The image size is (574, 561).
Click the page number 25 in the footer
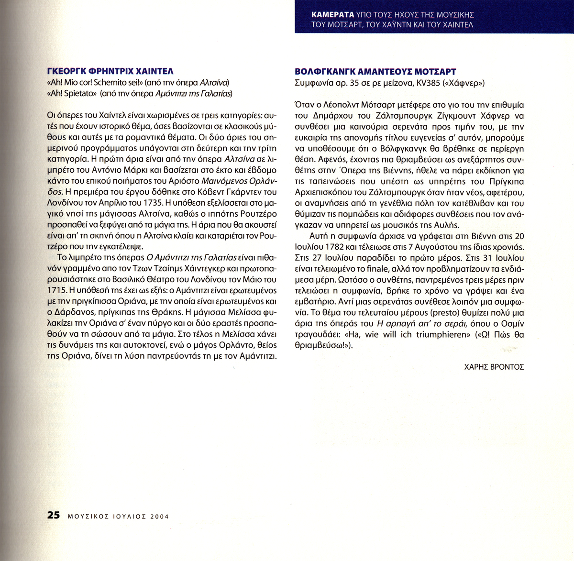[x=54, y=516]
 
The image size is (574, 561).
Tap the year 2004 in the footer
[x=159, y=517]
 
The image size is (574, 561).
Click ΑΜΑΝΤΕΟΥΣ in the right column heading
[x=381, y=72]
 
